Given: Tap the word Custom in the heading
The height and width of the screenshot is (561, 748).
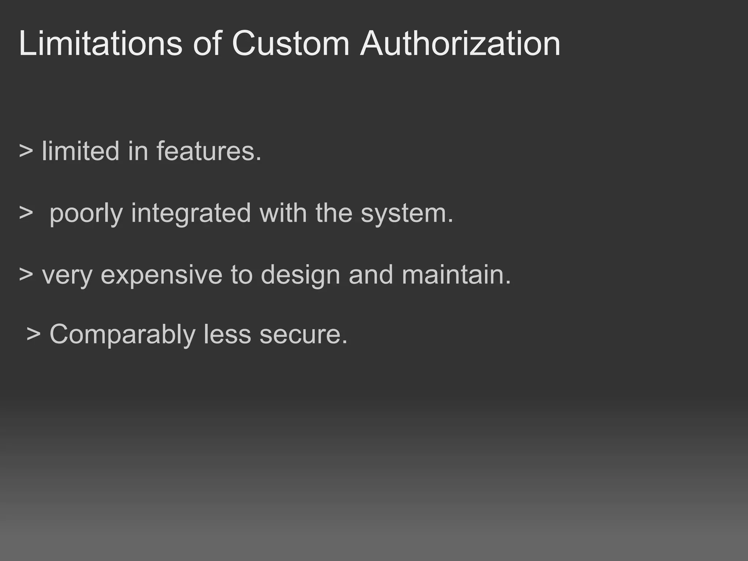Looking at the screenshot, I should click(x=291, y=44).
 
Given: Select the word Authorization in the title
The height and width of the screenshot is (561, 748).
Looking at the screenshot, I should click(x=460, y=44).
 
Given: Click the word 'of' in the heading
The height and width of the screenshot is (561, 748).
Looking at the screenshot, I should click(x=207, y=44).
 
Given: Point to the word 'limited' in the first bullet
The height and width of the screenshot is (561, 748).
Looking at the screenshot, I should click(x=80, y=151).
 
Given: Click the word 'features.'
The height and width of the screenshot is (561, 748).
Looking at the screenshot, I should click(x=209, y=151).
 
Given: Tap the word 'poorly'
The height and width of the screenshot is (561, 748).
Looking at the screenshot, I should click(x=86, y=213).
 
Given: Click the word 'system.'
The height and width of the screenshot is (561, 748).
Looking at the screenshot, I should click(x=407, y=213).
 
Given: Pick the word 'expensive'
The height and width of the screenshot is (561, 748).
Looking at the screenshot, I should click(x=161, y=275).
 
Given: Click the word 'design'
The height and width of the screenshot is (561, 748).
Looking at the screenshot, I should click(x=300, y=275).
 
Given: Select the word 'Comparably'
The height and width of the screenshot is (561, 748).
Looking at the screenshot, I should click(x=122, y=335).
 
